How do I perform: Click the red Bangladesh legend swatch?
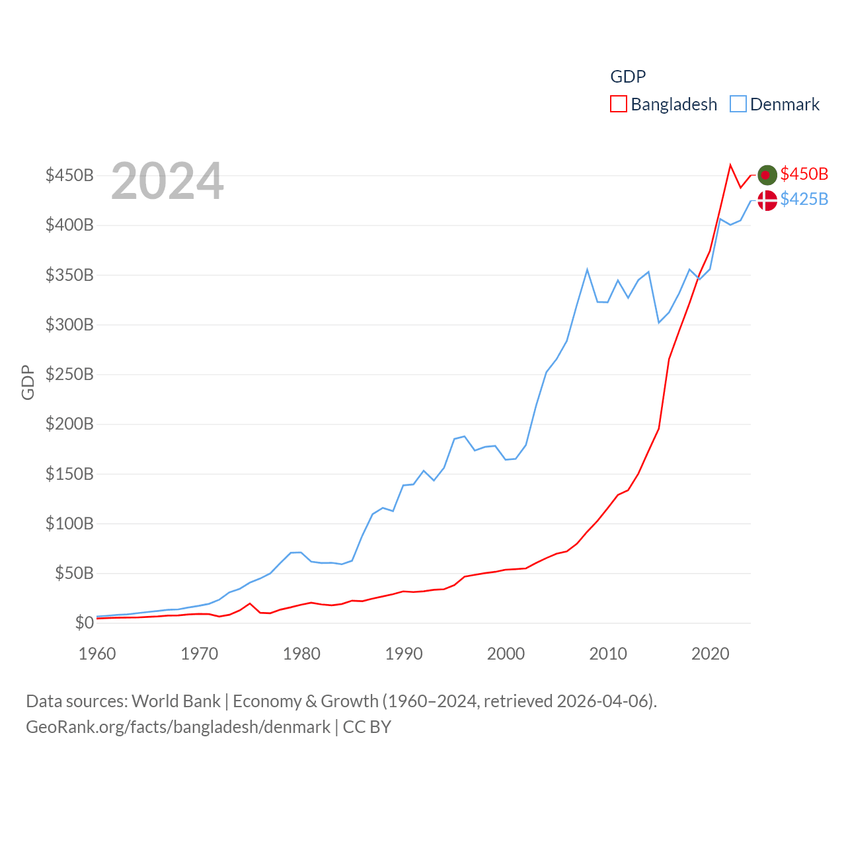point(618,104)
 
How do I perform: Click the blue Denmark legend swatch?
point(738,104)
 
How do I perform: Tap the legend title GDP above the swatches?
point(627,77)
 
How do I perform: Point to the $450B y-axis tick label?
point(69,175)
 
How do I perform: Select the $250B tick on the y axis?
point(69,374)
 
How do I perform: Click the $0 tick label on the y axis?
point(84,623)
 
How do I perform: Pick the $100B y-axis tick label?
point(69,523)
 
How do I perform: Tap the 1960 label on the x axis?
point(97,654)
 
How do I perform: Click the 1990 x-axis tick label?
point(404,654)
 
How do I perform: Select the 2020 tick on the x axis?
point(710,654)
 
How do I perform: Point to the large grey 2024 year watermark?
point(167,181)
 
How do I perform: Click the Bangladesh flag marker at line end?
point(767,174)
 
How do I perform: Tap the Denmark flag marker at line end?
point(767,200)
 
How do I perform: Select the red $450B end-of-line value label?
point(804,174)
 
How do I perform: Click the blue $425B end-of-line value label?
point(804,199)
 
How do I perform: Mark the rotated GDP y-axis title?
point(28,382)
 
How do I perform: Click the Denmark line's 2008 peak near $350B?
point(587,270)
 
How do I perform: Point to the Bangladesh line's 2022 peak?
point(730,165)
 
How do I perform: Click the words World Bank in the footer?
point(176,701)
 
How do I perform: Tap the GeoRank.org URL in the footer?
point(178,727)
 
